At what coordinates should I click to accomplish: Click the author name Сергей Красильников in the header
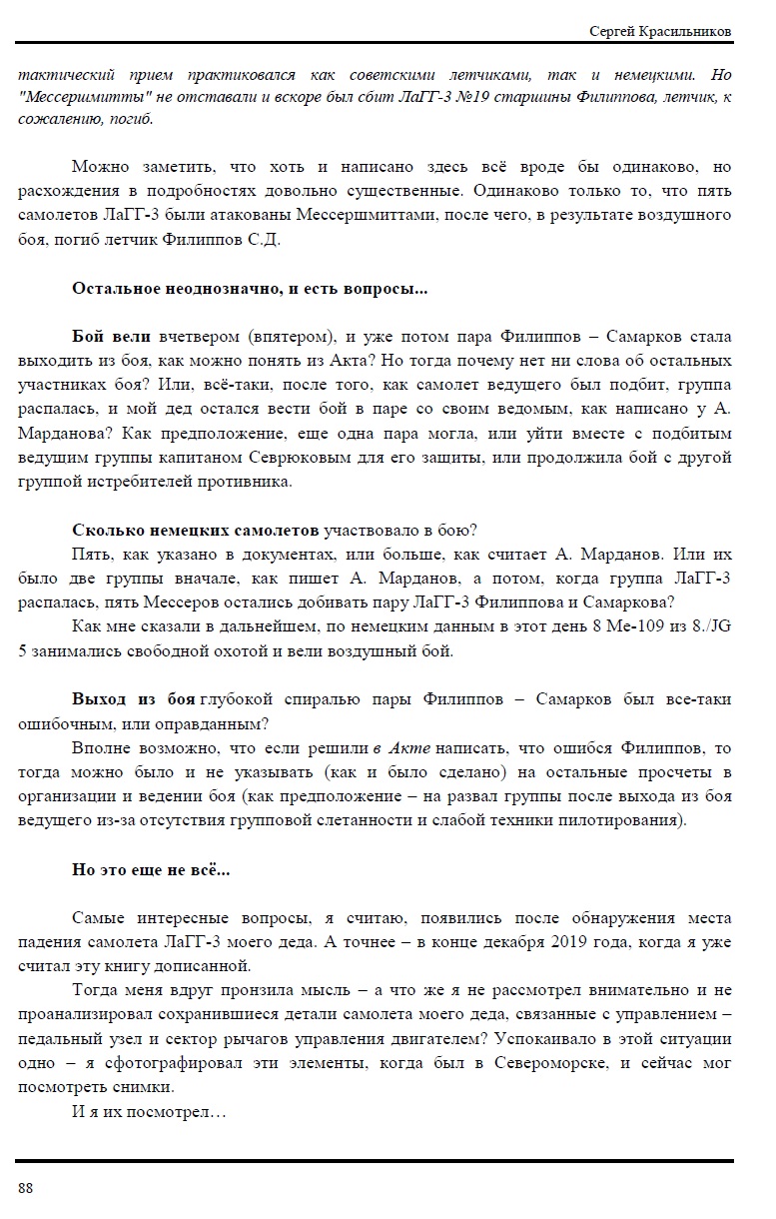coord(660,32)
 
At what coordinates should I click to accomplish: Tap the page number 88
coord(26,1187)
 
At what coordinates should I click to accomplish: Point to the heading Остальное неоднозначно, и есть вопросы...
coord(250,289)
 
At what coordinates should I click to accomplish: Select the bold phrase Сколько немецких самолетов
coord(196,530)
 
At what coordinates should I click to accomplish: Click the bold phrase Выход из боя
coord(134,699)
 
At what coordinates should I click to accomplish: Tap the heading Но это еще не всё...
coord(151,869)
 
